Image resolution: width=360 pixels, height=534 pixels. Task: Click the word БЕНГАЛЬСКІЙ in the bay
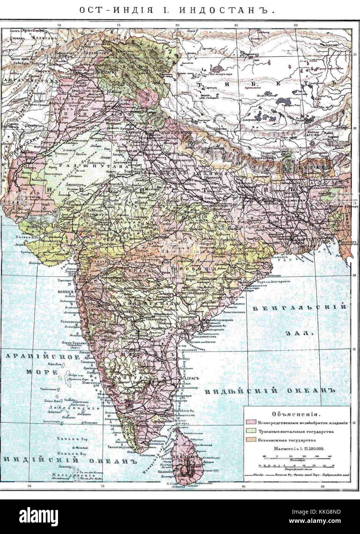pos(299,307)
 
